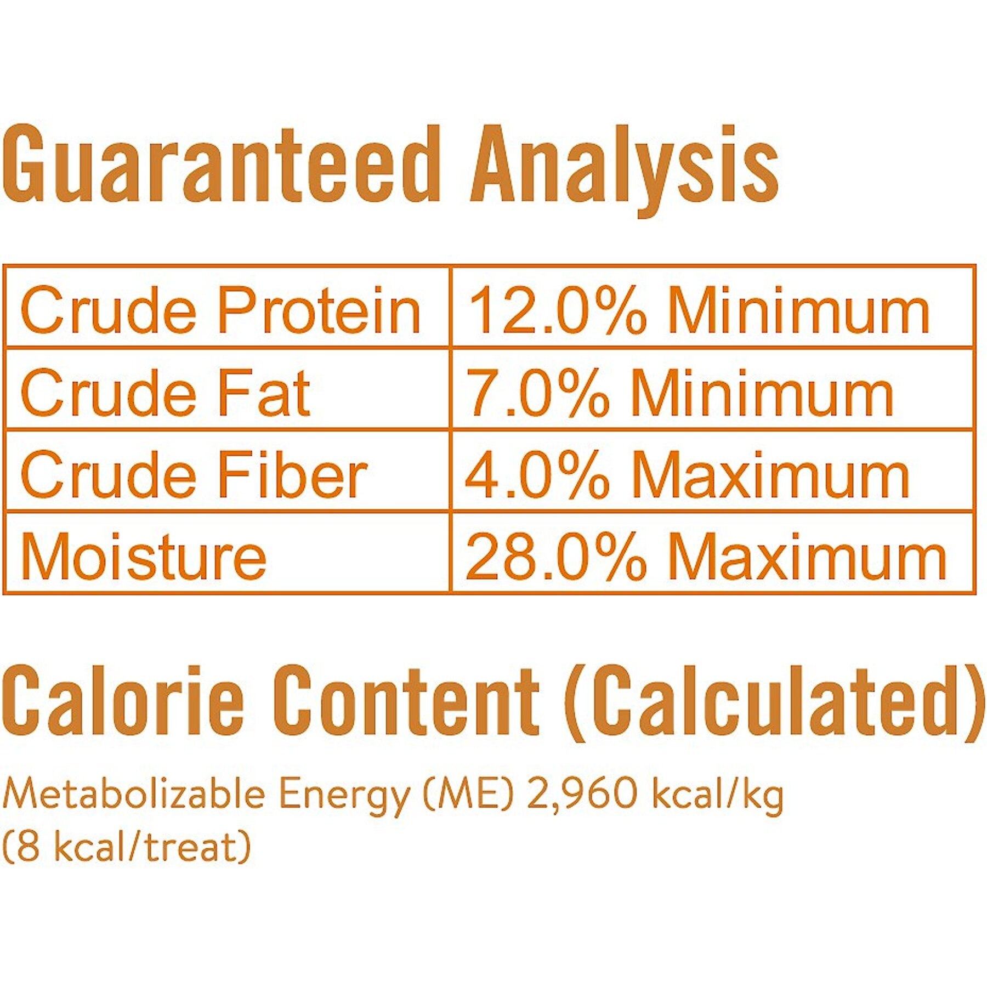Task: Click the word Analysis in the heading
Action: click(x=625, y=170)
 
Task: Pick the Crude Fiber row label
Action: click(x=194, y=474)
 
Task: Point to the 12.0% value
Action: click(x=558, y=310)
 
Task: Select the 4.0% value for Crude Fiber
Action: click(x=537, y=474)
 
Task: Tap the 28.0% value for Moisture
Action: click(x=556, y=556)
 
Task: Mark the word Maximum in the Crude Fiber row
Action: click(x=771, y=474)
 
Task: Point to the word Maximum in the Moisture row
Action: click(x=808, y=556)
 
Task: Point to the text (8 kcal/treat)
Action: click(x=127, y=847)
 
